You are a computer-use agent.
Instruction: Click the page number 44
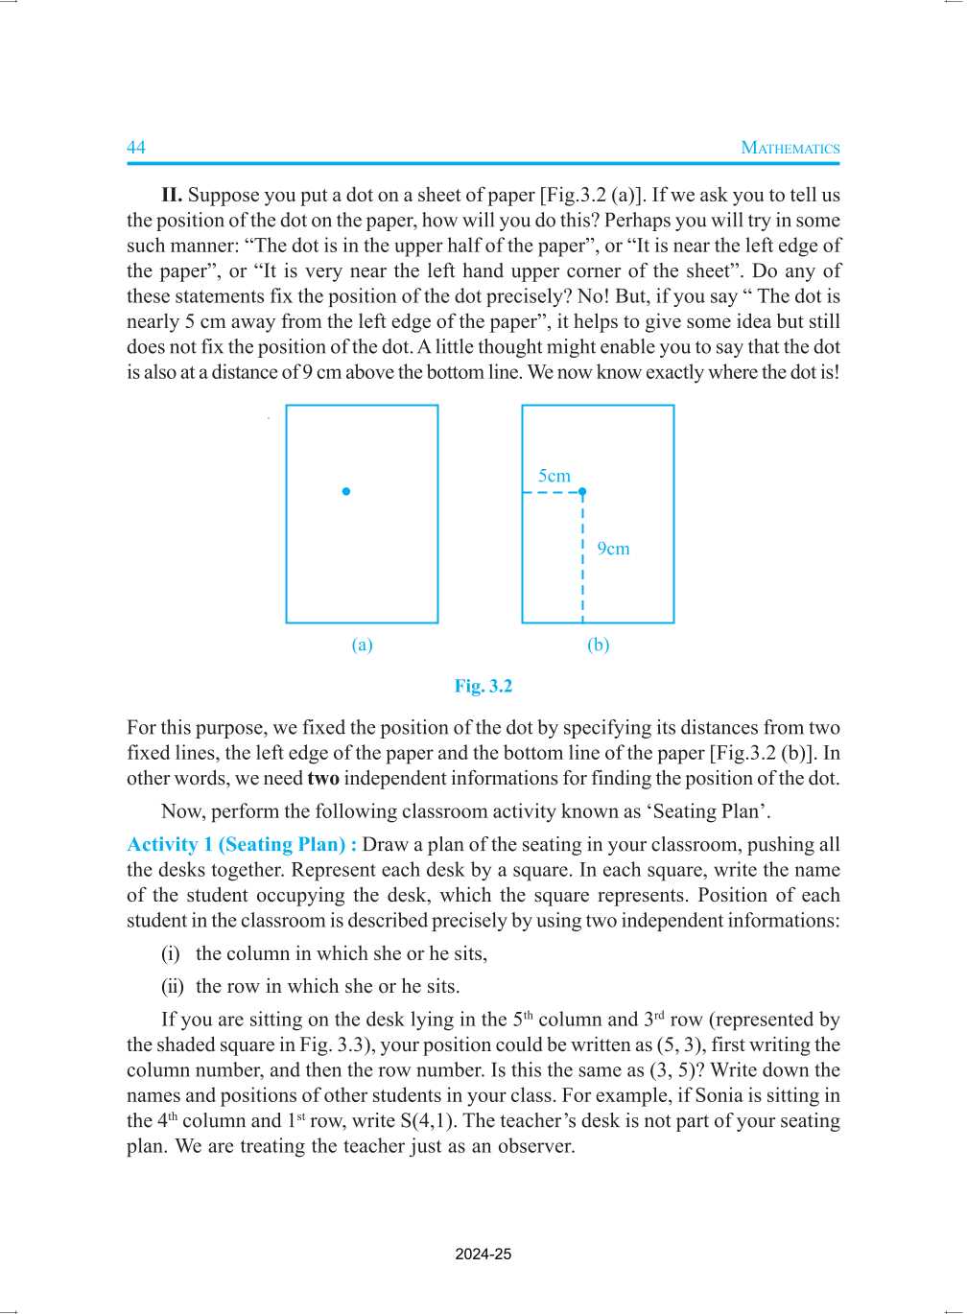[x=136, y=147]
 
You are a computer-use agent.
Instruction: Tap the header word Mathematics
[x=790, y=148]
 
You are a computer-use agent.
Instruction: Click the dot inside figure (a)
[x=346, y=492]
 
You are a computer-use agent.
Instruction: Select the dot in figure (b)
[x=582, y=492]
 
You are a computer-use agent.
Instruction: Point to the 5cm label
[x=554, y=476]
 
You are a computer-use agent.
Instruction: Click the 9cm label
[x=613, y=549]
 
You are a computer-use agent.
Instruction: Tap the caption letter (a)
[x=362, y=645]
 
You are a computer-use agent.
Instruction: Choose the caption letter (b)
[x=598, y=645]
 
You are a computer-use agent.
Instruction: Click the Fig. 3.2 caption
[x=483, y=686]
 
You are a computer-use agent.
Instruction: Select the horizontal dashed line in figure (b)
[x=552, y=493]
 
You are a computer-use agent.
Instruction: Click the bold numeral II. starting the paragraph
[x=172, y=196]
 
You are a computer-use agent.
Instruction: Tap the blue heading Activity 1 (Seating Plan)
[x=242, y=845]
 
